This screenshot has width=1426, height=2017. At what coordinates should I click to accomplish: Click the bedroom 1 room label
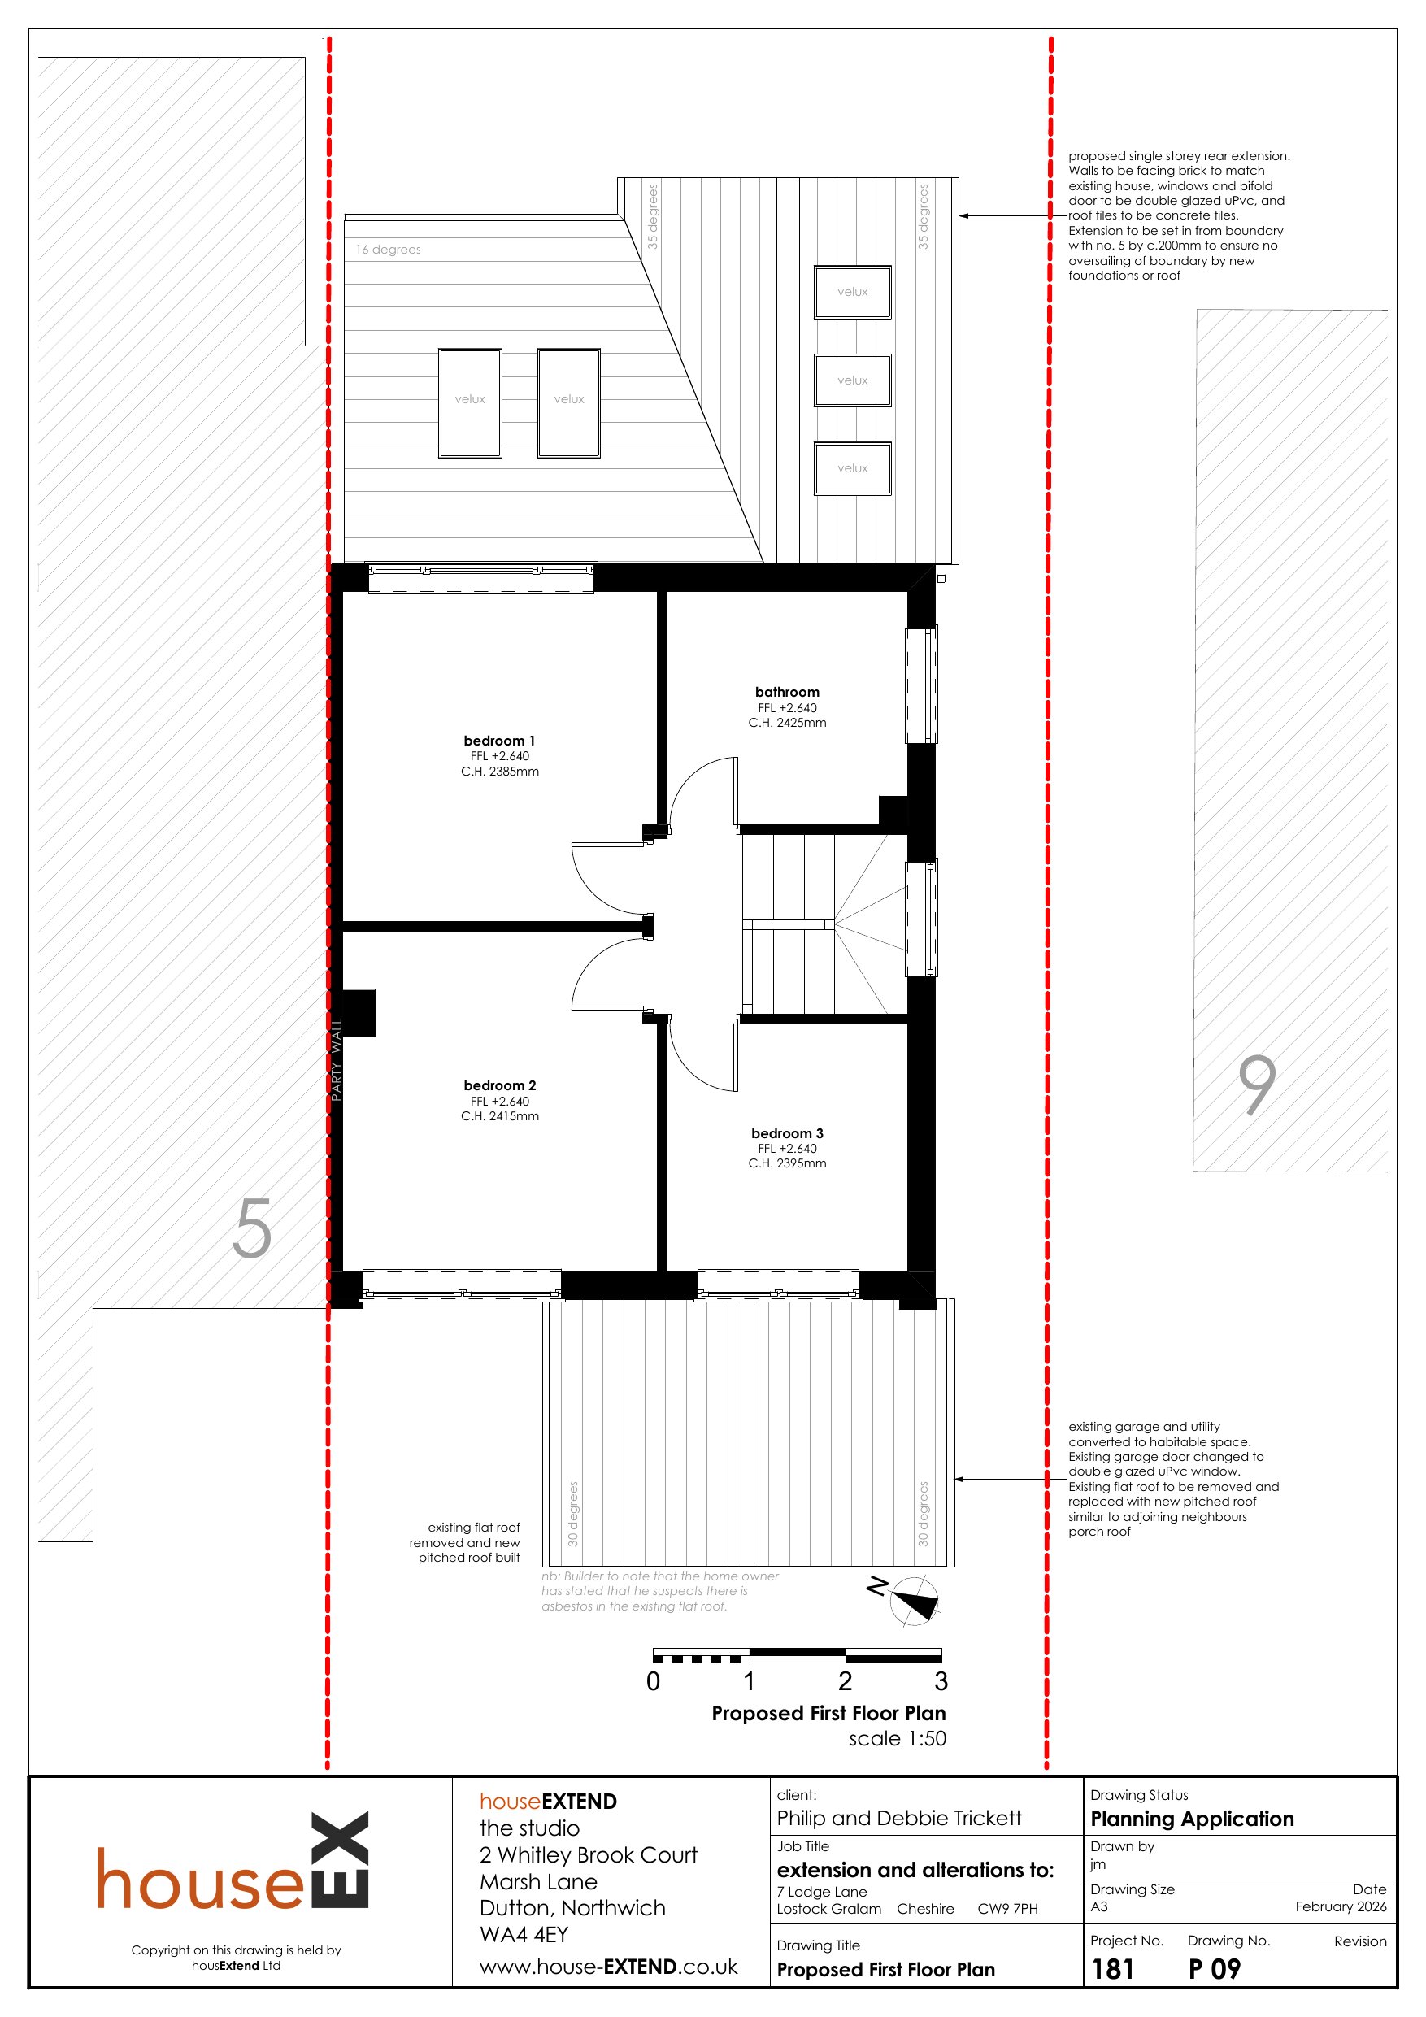(x=499, y=741)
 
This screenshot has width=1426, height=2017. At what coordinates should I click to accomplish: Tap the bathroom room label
(x=787, y=692)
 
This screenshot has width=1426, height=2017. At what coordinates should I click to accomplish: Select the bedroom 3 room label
(x=787, y=1133)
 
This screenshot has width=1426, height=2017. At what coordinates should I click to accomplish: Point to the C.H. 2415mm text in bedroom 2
(x=500, y=1116)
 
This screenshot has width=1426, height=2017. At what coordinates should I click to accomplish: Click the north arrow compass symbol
(x=914, y=1600)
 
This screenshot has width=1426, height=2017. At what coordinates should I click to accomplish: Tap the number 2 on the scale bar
(x=846, y=1681)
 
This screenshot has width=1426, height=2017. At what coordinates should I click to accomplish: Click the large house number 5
(x=252, y=1228)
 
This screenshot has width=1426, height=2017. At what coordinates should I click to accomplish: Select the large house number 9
(x=1258, y=1085)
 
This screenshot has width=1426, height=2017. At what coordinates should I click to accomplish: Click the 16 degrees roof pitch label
(x=389, y=250)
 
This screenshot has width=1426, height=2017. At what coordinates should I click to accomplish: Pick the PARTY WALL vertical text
(x=337, y=1059)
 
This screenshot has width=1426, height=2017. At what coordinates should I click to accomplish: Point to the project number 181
(x=1112, y=1970)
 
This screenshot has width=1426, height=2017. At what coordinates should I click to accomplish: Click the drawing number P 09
(x=1215, y=1970)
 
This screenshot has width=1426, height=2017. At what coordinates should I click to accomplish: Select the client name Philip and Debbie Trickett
(x=899, y=1818)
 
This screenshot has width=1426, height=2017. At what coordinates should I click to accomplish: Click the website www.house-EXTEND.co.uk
(x=609, y=1967)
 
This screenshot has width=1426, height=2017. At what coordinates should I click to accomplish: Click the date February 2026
(x=1341, y=1906)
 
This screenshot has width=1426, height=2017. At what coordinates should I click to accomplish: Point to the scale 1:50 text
(x=897, y=1738)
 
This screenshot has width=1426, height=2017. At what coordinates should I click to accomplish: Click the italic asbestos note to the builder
(x=660, y=1591)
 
